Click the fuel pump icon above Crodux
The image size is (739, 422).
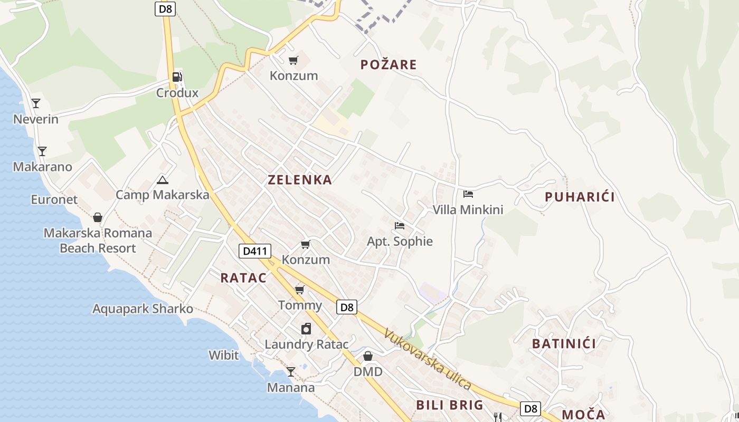coord(177,77)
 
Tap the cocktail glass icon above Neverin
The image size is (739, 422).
coord(36,103)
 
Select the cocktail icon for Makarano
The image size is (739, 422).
coord(42,151)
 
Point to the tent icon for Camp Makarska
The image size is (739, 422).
coord(163,180)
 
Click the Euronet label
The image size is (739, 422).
coord(54,199)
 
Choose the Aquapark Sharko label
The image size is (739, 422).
coord(143,309)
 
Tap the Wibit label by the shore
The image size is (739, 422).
coord(223,355)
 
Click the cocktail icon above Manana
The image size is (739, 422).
coord(290,372)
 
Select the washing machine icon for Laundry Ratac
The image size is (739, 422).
coord(306,329)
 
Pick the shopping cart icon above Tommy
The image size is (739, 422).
coord(300,290)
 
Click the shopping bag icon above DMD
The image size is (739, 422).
coord(368,356)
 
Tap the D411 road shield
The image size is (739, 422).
coord(255,251)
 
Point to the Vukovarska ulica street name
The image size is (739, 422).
coord(428,359)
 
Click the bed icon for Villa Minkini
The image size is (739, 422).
coord(468,194)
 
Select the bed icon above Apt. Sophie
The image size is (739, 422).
coord(400,226)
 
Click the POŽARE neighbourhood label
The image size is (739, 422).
coord(389,65)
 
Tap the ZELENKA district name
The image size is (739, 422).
coord(300,180)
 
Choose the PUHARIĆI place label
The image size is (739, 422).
coord(580,197)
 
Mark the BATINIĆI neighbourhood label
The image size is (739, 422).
coord(564,344)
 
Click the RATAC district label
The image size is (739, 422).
coord(243,278)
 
